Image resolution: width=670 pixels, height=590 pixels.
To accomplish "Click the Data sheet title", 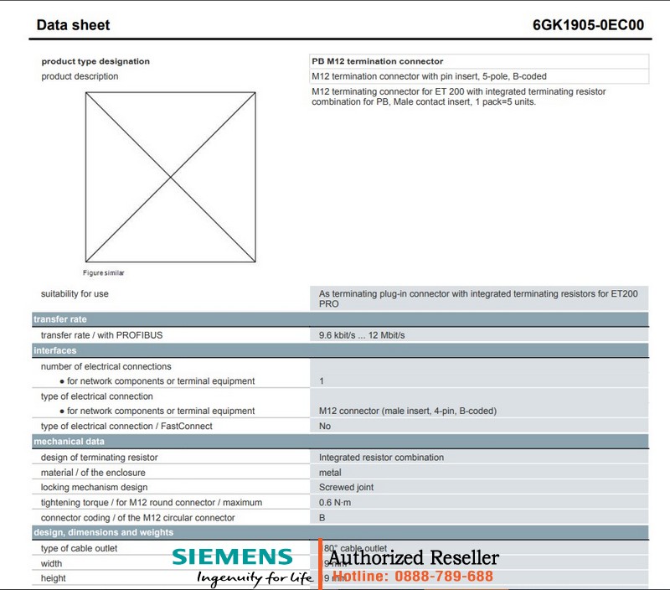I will pyautogui.click(x=74, y=25).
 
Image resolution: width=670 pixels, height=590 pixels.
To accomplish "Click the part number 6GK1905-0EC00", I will pyautogui.click(x=588, y=25).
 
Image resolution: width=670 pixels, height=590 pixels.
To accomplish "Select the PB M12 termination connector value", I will pyautogui.click(x=377, y=61).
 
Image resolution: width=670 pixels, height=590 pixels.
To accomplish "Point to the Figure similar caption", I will pyautogui.click(x=103, y=272).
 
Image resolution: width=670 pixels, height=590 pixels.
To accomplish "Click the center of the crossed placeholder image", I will pyautogui.click(x=171, y=177).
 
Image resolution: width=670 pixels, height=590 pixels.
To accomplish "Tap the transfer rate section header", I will pyautogui.click(x=60, y=319).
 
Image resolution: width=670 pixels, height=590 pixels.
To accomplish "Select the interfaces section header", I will pyautogui.click(x=54, y=350).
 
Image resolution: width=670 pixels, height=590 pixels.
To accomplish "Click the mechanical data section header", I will pyautogui.click(x=69, y=441).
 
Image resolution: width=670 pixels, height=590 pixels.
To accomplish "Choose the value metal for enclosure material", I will pyautogui.click(x=330, y=473).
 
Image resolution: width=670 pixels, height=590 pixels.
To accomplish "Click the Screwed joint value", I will pyautogui.click(x=348, y=487).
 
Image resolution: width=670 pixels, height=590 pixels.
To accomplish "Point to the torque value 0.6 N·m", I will pyautogui.click(x=338, y=503).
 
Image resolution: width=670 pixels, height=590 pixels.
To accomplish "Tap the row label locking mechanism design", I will pyautogui.click(x=94, y=487).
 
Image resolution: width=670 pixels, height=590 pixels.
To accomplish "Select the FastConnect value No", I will pyautogui.click(x=325, y=426).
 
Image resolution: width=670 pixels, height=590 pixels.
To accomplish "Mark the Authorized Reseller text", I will pyautogui.click(x=413, y=558).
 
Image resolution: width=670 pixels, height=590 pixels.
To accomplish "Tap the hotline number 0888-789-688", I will pyautogui.click(x=444, y=576).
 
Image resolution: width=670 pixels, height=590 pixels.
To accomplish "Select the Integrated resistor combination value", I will pyautogui.click(x=381, y=458).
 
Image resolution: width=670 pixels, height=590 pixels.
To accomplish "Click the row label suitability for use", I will pyautogui.click(x=75, y=294).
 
